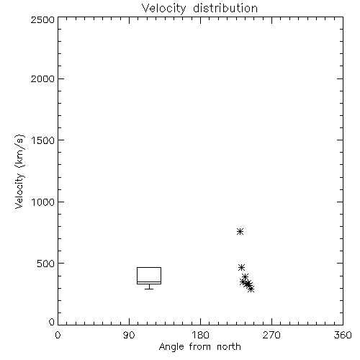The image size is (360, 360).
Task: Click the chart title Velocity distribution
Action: click(x=199, y=9)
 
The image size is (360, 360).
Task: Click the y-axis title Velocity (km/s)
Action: click(x=19, y=172)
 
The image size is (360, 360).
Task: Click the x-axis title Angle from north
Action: click(x=199, y=347)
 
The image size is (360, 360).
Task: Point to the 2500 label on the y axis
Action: click(x=42, y=20)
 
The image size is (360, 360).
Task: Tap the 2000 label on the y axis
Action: click(x=42, y=79)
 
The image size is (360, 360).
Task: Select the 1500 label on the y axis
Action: click(x=43, y=140)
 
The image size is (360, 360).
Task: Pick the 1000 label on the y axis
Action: click(x=43, y=202)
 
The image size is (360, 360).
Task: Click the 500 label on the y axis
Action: click(x=46, y=264)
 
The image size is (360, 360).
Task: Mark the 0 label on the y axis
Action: click(x=52, y=322)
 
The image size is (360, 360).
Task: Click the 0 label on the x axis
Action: click(x=58, y=335)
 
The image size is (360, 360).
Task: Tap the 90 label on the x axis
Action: click(x=129, y=335)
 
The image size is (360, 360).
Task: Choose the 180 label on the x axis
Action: click(x=200, y=335)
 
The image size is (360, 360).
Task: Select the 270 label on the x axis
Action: click(x=271, y=335)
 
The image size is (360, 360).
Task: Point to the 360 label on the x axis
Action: click(x=343, y=335)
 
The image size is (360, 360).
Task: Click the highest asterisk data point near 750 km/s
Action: click(x=240, y=232)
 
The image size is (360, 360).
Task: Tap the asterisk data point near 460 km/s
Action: click(x=241, y=267)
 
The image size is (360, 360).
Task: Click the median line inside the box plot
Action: click(x=149, y=282)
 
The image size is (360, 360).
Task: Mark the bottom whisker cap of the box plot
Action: click(x=149, y=289)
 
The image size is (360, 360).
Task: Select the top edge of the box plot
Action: click(x=149, y=267)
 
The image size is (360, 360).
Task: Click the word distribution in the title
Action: click(x=225, y=9)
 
